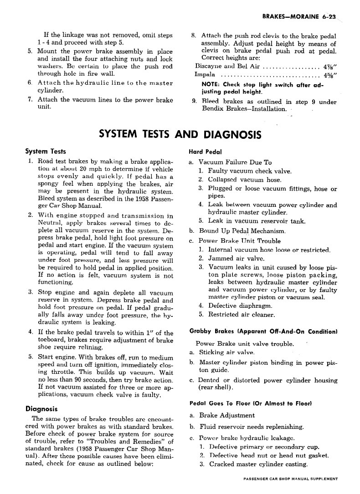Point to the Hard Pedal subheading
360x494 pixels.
203,152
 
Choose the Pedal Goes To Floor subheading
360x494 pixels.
250,403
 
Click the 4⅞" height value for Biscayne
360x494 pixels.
329,66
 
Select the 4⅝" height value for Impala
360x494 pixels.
329,75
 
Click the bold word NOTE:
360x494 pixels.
211,84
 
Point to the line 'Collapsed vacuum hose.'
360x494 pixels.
245,180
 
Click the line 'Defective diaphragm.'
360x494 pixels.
240,306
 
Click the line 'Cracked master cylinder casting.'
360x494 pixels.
258,464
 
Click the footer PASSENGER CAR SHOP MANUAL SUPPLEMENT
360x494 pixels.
291,479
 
